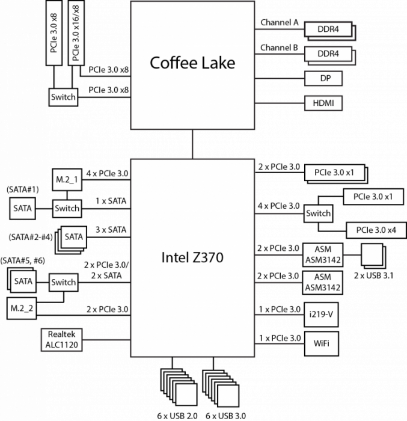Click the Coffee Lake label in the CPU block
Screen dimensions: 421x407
point(192,63)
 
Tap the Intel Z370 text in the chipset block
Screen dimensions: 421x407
point(192,257)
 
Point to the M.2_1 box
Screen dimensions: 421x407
point(67,180)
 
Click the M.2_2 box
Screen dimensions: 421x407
point(22,308)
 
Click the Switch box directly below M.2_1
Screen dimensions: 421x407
point(67,209)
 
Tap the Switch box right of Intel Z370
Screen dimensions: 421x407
point(318,213)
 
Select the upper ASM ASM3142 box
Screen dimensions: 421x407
point(323,254)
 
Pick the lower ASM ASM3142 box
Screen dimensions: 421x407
point(323,282)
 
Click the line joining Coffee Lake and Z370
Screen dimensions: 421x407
point(193,144)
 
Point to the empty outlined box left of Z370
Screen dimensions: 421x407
point(61,340)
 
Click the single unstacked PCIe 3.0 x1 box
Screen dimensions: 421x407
point(373,197)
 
